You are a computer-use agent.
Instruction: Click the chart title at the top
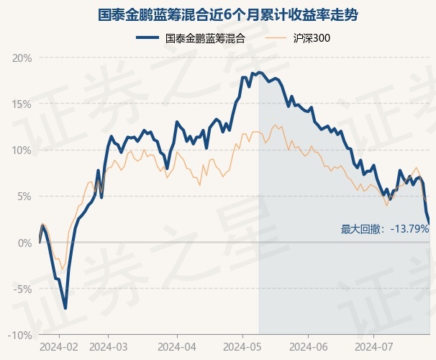coord(218,14)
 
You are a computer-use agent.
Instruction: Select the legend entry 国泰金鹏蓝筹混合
coord(205,39)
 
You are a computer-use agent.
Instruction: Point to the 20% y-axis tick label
coord(22,58)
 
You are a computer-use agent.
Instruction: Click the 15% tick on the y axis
coord(22,104)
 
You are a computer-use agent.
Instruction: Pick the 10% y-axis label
coord(22,150)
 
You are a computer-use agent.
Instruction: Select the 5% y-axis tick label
coord(24,197)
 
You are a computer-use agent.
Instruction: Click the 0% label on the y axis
coord(24,243)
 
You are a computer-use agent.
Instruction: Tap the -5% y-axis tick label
coord(22,289)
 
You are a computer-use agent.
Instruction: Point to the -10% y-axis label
coord(20,335)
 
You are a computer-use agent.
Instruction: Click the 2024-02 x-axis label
coord(58,346)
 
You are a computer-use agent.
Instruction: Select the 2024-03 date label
coord(108,346)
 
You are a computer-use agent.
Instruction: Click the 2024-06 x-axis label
coord(308,346)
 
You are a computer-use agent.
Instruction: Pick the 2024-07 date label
coord(374,346)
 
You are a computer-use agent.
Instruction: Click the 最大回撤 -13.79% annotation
coord(385,229)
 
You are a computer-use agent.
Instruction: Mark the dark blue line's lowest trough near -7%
coord(65,307)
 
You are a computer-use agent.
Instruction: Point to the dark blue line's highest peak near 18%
coord(259,73)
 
